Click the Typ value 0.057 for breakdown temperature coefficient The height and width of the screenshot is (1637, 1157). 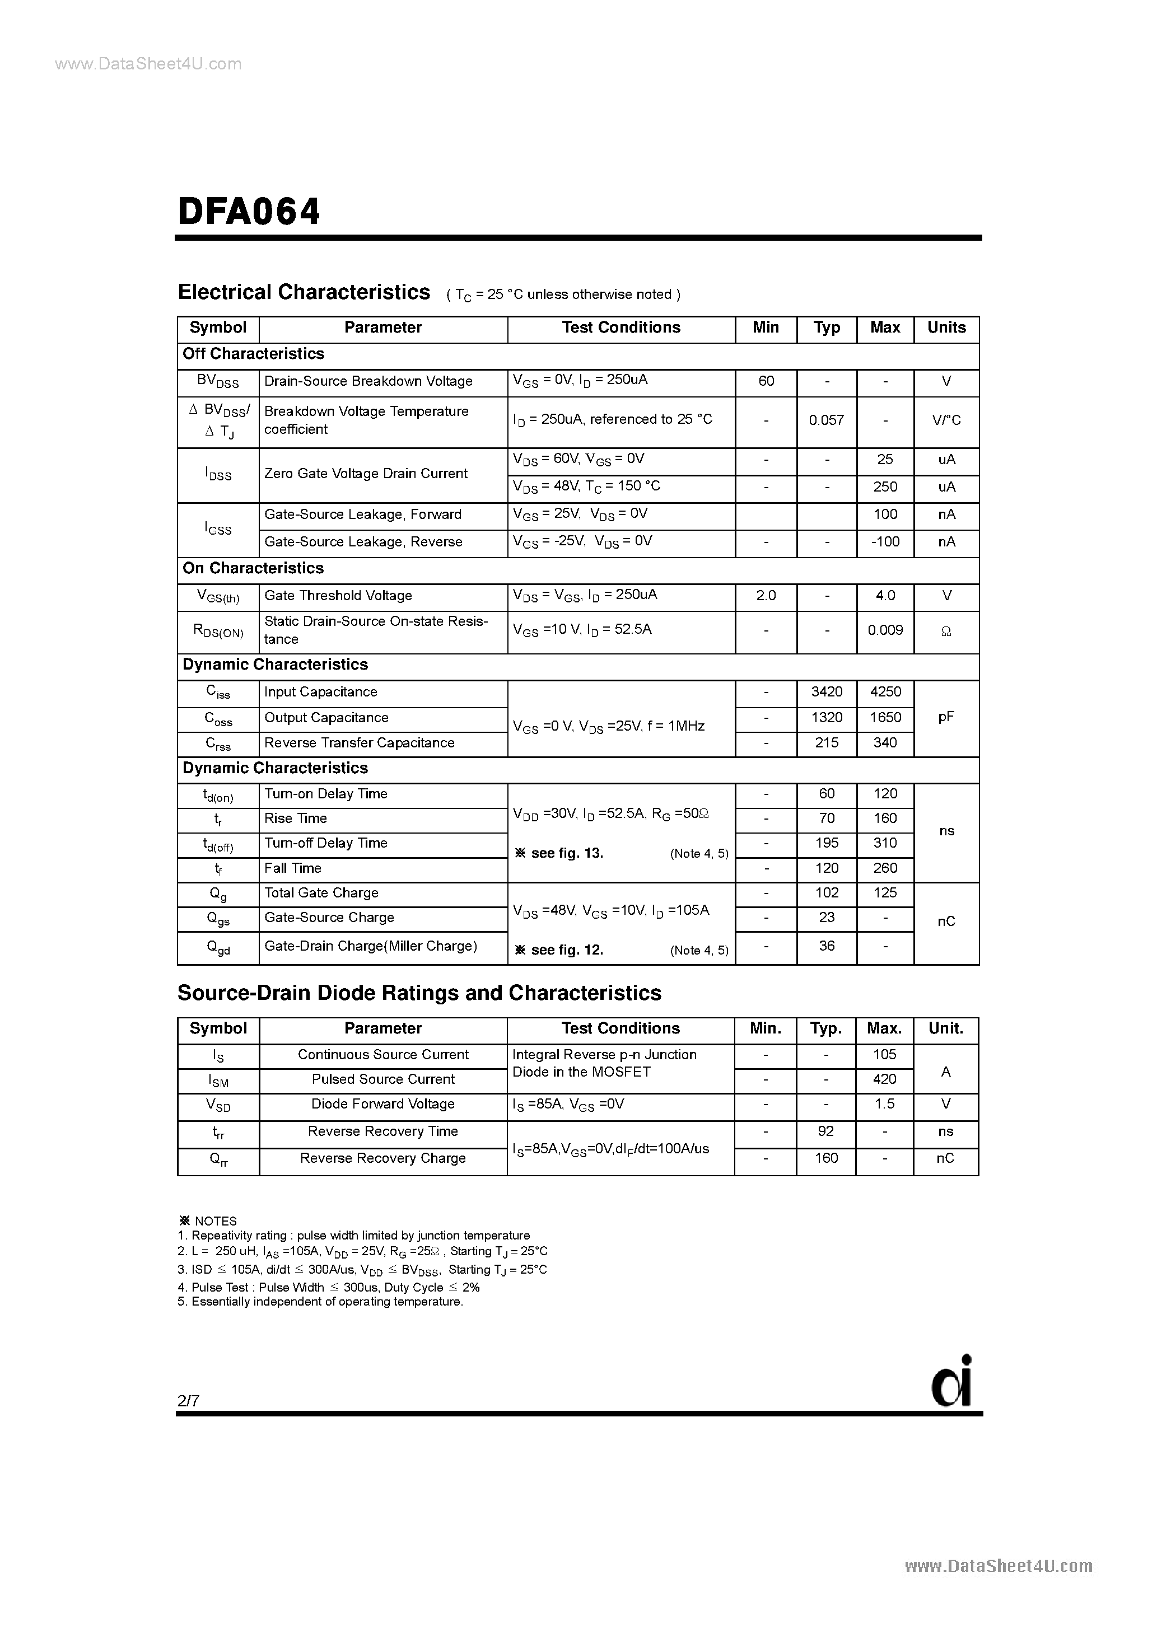[826, 420]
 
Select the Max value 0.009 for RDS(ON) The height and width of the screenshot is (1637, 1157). [884, 630]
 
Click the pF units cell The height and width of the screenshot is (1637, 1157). [946, 718]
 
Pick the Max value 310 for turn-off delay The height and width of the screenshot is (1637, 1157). [884, 844]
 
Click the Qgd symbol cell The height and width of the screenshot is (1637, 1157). [217, 948]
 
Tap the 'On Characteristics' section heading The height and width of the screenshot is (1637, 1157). [253, 569]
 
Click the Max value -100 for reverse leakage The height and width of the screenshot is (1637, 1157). [884, 542]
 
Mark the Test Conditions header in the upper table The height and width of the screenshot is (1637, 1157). [621, 328]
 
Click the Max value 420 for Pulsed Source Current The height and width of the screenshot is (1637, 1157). [884, 1079]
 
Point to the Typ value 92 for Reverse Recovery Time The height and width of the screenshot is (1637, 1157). [826, 1131]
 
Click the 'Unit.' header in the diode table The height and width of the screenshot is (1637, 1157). [945, 1029]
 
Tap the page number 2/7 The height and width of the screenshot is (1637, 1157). [188, 1401]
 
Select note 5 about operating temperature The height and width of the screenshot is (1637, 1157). [320, 1302]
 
